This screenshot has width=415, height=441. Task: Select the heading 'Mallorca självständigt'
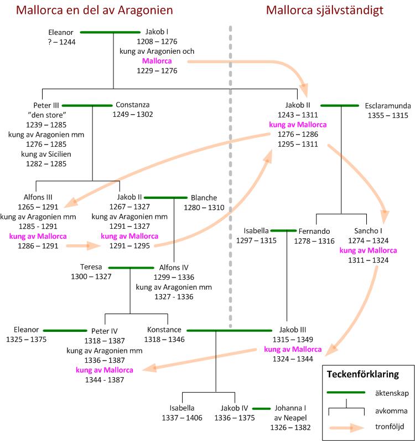point(324,11)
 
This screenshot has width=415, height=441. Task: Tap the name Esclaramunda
point(386,105)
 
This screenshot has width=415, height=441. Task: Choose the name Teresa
point(91,267)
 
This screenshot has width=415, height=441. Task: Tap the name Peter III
point(46,105)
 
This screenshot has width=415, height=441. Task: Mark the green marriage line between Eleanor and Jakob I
point(110,32)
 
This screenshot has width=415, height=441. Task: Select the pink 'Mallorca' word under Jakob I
point(157,61)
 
